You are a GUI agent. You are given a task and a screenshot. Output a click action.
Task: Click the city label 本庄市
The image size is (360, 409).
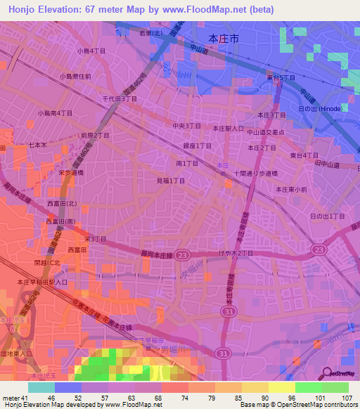point(224,39)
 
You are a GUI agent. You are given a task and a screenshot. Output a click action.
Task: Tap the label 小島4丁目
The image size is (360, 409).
point(91,51)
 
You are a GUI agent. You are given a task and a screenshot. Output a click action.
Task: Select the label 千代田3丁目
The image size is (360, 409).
point(120,99)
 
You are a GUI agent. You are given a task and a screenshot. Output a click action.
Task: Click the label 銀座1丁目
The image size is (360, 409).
point(198,145)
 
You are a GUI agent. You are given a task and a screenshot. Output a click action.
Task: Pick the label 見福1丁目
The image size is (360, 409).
point(170,181)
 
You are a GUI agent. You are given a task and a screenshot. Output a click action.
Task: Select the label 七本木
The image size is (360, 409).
point(37,145)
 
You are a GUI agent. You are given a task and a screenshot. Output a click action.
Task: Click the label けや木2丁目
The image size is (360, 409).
point(236,253)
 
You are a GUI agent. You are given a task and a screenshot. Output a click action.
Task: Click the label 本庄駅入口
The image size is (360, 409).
point(229,129)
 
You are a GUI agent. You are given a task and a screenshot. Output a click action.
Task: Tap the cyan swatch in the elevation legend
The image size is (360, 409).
point(41,387)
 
